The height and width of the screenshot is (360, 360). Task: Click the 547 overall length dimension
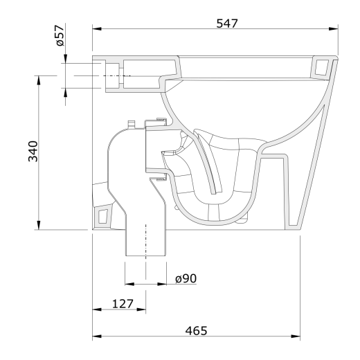tap(227, 24)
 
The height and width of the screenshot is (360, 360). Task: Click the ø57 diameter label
tap(60, 35)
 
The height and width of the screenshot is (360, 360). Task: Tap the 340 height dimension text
tap(33, 151)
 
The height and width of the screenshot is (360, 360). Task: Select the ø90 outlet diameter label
tap(186, 278)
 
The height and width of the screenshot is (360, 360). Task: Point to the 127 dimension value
tap(123, 304)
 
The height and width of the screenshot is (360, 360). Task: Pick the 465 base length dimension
tap(196, 331)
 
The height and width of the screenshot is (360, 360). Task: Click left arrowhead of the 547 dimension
tap(97, 29)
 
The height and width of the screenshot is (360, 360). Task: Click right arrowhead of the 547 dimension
tap(334, 29)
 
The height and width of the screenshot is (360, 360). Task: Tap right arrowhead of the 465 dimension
tap(296, 336)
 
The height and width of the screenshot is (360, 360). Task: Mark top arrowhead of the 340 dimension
tap(39, 80)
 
